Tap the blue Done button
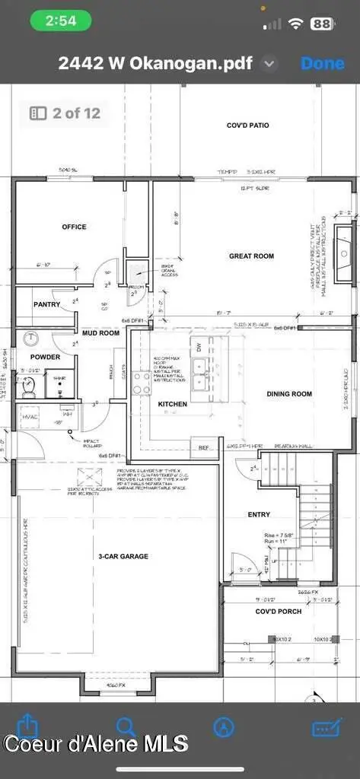[x=323, y=63]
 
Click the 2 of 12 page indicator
[x=66, y=113]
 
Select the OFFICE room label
[x=74, y=227]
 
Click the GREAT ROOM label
[x=251, y=256]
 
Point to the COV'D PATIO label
[x=247, y=125]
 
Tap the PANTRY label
[x=46, y=304]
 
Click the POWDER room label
[x=45, y=357]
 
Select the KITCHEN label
[x=173, y=405]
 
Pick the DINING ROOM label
[x=289, y=394]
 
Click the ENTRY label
[x=259, y=515]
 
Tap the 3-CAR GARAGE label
[x=123, y=556]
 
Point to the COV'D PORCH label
[x=278, y=611]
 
